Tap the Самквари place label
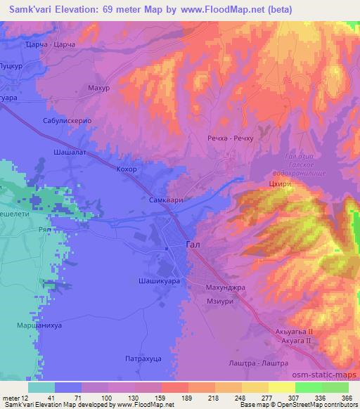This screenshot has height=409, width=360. tap(167, 200)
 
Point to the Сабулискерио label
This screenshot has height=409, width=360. tap(68, 120)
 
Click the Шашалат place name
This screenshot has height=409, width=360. tap(70, 151)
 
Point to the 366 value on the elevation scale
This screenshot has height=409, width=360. tap(345, 397)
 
